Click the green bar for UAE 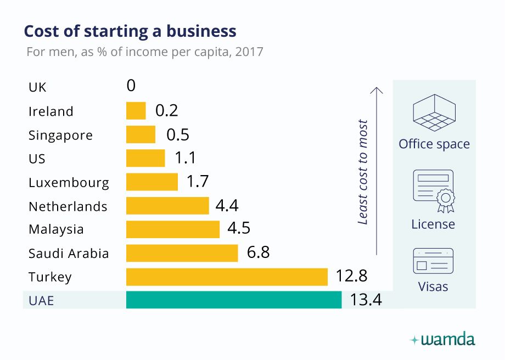[234, 300]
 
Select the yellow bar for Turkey [227, 277]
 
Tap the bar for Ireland [136, 111]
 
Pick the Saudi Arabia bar [182, 253]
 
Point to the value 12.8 [351, 276]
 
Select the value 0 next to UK [131, 86]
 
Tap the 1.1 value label [185, 158]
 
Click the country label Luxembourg [69, 182]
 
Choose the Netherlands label [68, 206]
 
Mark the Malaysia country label [56, 229]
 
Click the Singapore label [60, 135]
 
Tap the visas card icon [433, 261]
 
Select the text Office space [434, 144]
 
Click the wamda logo [443, 340]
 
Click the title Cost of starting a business [130, 31]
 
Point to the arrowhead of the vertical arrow [376, 89]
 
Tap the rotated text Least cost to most [363, 172]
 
